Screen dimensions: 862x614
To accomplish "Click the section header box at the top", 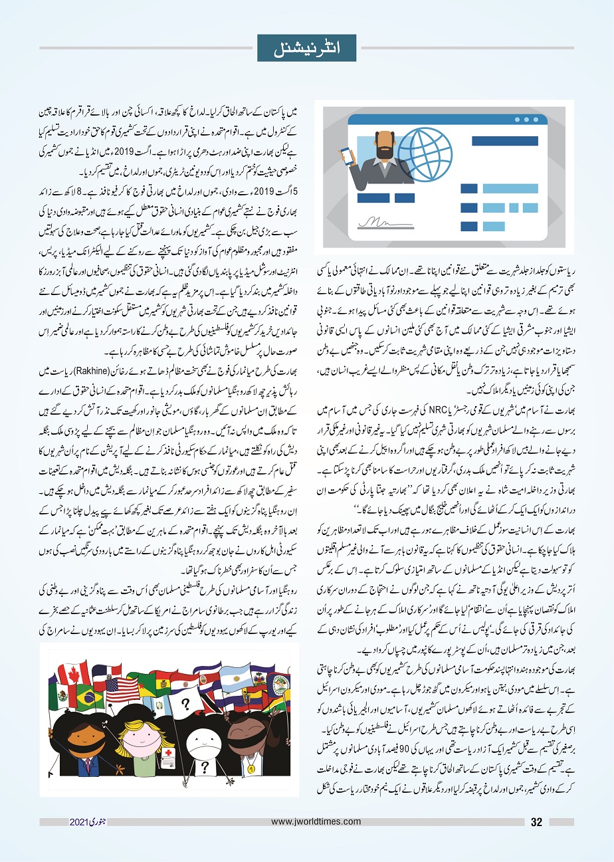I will (306, 48).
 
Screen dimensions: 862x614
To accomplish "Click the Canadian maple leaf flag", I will (73, 673).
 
